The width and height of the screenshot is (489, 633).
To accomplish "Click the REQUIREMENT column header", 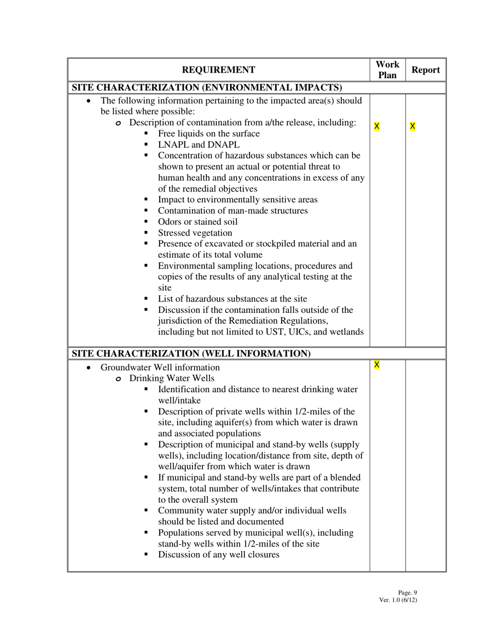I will pyautogui.click(x=218, y=70).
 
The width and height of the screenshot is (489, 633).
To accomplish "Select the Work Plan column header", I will pyautogui.click(x=387, y=70).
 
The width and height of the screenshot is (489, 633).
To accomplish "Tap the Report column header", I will pyautogui.click(x=426, y=70).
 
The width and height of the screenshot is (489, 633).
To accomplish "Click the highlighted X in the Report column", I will pyautogui.click(x=413, y=126).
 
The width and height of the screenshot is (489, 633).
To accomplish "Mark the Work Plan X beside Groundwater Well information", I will pyautogui.click(x=377, y=365).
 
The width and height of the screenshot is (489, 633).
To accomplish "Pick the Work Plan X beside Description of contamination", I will pyautogui.click(x=377, y=126).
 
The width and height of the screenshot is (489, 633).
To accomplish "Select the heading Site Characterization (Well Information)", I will pyautogui.click(x=191, y=354).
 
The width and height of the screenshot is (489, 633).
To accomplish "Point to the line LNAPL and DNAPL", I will pyautogui.click(x=198, y=145).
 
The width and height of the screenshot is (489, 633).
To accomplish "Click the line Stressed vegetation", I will pyautogui.click(x=195, y=233).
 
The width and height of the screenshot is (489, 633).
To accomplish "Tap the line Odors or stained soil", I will pyautogui.click(x=198, y=222).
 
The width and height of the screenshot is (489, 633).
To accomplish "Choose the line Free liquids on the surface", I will pyautogui.click(x=208, y=134).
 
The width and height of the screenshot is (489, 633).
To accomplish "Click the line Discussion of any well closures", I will pyautogui.click(x=218, y=554).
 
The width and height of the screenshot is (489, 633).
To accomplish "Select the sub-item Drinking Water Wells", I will pyautogui.click(x=171, y=378).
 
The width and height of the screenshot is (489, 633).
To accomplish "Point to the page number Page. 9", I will pyautogui.click(x=407, y=592).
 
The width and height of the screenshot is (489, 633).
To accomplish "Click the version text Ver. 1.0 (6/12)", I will pyautogui.click(x=398, y=600).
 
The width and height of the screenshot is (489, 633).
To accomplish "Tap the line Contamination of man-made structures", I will pyautogui.click(x=233, y=210).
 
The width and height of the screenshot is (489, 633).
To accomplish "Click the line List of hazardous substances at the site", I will pyautogui.click(x=232, y=298).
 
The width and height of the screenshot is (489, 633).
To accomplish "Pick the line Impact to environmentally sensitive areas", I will pyautogui.click(x=237, y=200).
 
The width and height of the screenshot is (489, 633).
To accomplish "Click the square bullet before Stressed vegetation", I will pyautogui.click(x=146, y=233).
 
